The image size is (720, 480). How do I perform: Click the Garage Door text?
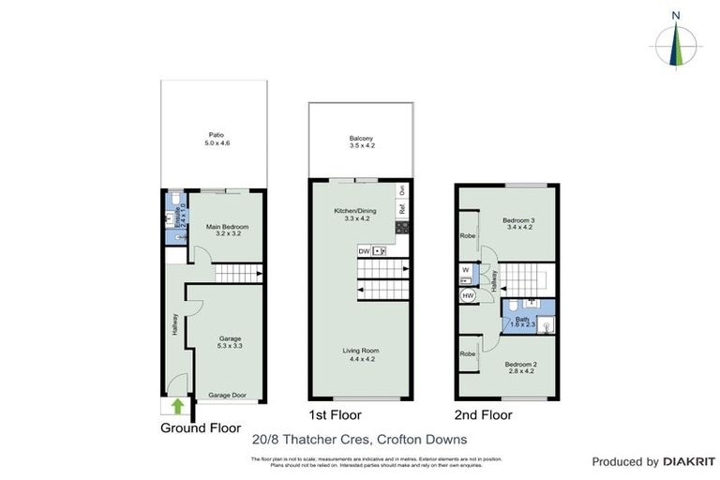pos(227,396)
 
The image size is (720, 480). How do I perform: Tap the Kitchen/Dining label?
pos(354,212)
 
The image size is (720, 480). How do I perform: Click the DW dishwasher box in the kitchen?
pos(364,251)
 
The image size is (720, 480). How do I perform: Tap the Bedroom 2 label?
pos(519,365)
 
